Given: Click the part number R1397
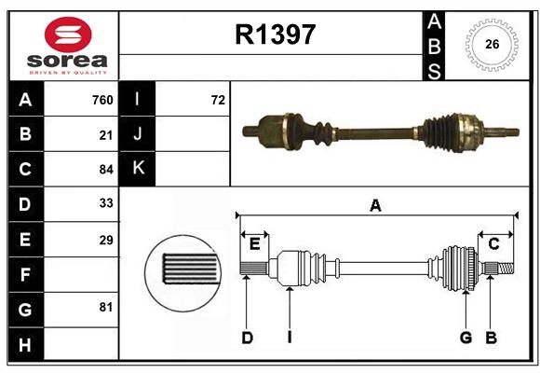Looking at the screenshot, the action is tap(276, 35).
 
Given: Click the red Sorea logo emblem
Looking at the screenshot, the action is tap(68, 35).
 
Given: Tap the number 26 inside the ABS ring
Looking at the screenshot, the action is tap(492, 44).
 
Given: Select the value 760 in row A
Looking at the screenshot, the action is tap(102, 100).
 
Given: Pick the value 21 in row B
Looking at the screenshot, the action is tap(106, 135).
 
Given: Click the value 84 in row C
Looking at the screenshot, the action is tap(106, 170).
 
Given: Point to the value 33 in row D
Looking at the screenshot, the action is tap(106, 203).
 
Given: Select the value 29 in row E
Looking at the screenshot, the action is tap(106, 240).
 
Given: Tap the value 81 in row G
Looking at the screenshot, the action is tap(106, 307).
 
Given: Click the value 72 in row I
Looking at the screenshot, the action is tap(218, 100).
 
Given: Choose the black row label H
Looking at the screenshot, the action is tap(26, 344).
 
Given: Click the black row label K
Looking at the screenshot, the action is tap(138, 169).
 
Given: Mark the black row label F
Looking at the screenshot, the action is tap(26, 275).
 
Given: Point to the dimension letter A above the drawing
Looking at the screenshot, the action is tap(375, 206).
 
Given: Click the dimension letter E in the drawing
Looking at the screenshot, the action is tap(254, 244).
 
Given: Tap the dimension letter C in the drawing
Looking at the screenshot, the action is tap(493, 244).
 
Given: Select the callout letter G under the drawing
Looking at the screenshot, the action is tap(466, 338).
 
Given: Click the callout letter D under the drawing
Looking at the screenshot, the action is tap(248, 338).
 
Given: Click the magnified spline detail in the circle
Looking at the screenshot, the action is tap(182, 273).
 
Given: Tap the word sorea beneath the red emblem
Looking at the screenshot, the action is tap(67, 61).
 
